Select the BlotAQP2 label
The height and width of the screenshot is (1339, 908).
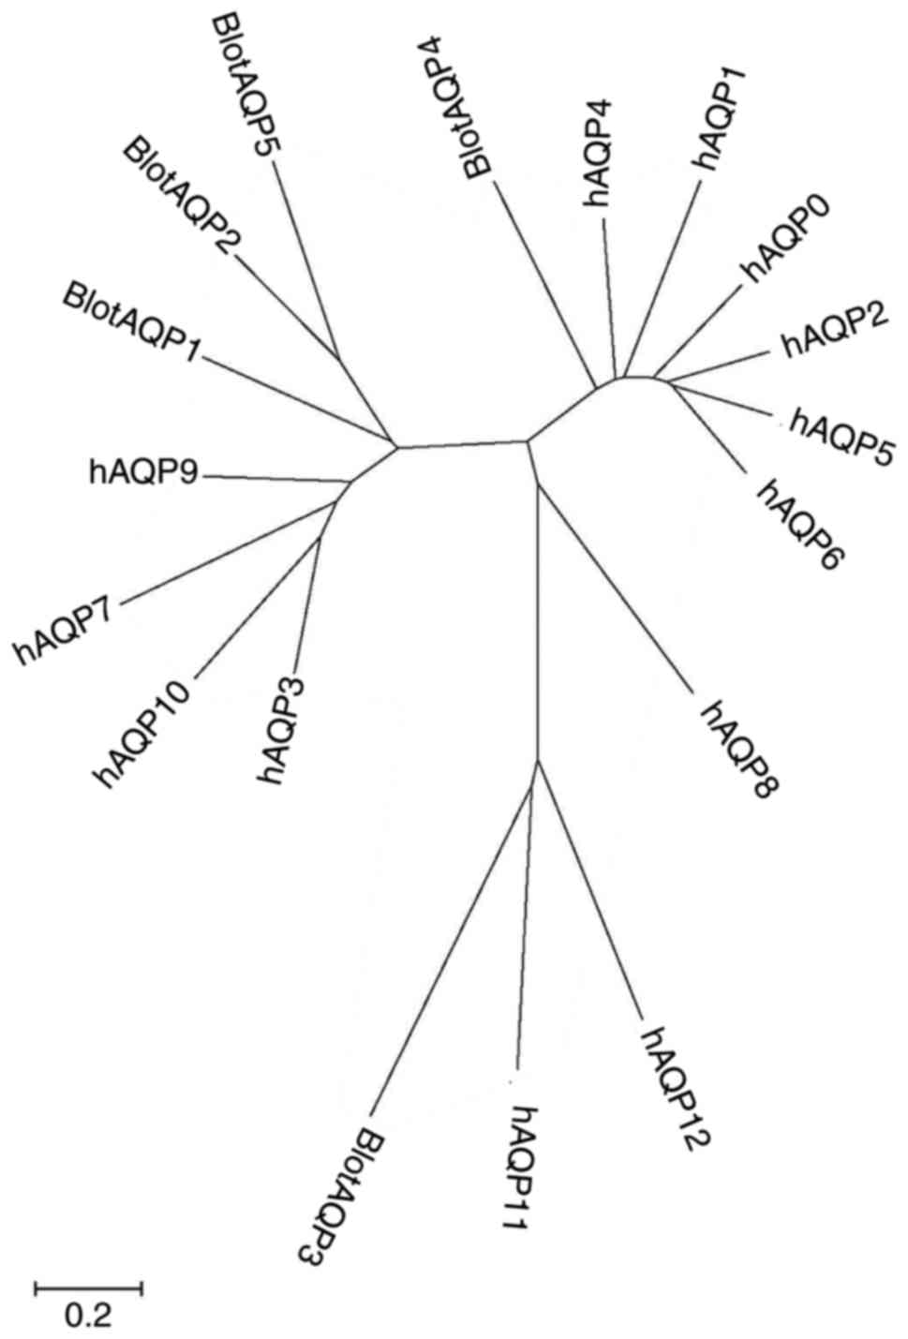pos(184,198)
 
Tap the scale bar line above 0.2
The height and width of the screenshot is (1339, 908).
pos(88,1288)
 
